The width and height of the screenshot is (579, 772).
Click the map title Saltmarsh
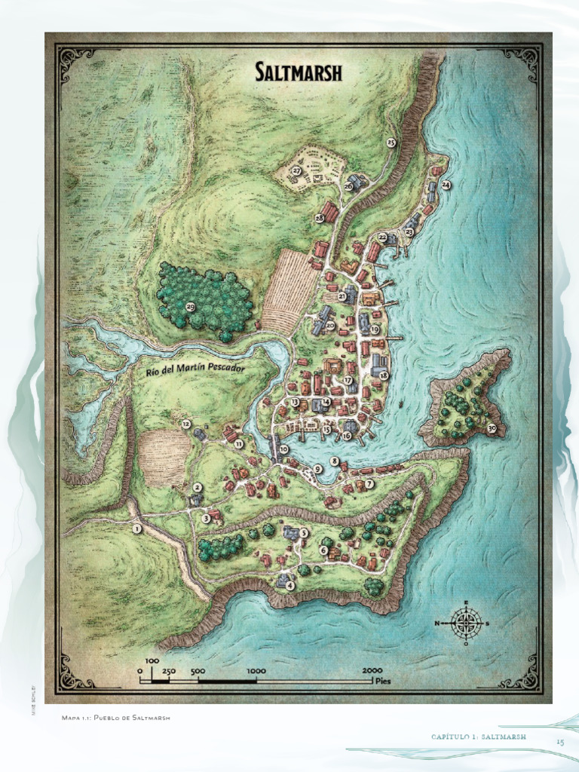pyautogui.click(x=299, y=72)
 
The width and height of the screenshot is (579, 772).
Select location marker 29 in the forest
pyautogui.click(x=190, y=306)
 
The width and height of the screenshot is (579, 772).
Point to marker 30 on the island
pyautogui.click(x=492, y=428)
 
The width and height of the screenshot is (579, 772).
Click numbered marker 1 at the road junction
pyautogui.click(x=136, y=529)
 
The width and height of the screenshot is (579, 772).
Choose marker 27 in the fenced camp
pyautogui.click(x=297, y=172)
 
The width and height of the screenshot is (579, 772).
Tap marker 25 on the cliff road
pyautogui.click(x=391, y=142)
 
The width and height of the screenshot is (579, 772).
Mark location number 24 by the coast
pyautogui.click(x=446, y=185)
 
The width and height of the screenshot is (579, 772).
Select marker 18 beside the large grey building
pyautogui.click(x=383, y=375)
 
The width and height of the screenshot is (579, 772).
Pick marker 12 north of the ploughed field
pyautogui.click(x=186, y=424)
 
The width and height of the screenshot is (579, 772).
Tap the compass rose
pyautogui.click(x=467, y=623)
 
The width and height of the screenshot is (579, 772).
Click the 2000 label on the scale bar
pyautogui.click(x=372, y=670)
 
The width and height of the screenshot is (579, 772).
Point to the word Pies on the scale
pyautogui.click(x=384, y=679)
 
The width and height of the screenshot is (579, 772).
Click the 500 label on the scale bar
pyautogui.click(x=198, y=670)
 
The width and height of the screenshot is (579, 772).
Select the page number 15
pyautogui.click(x=560, y=743)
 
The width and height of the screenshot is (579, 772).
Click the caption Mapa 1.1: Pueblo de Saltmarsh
pyautogui.click(x=116, y=717)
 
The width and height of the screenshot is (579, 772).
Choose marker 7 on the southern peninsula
pyautogui.click(x=369, y=483)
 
